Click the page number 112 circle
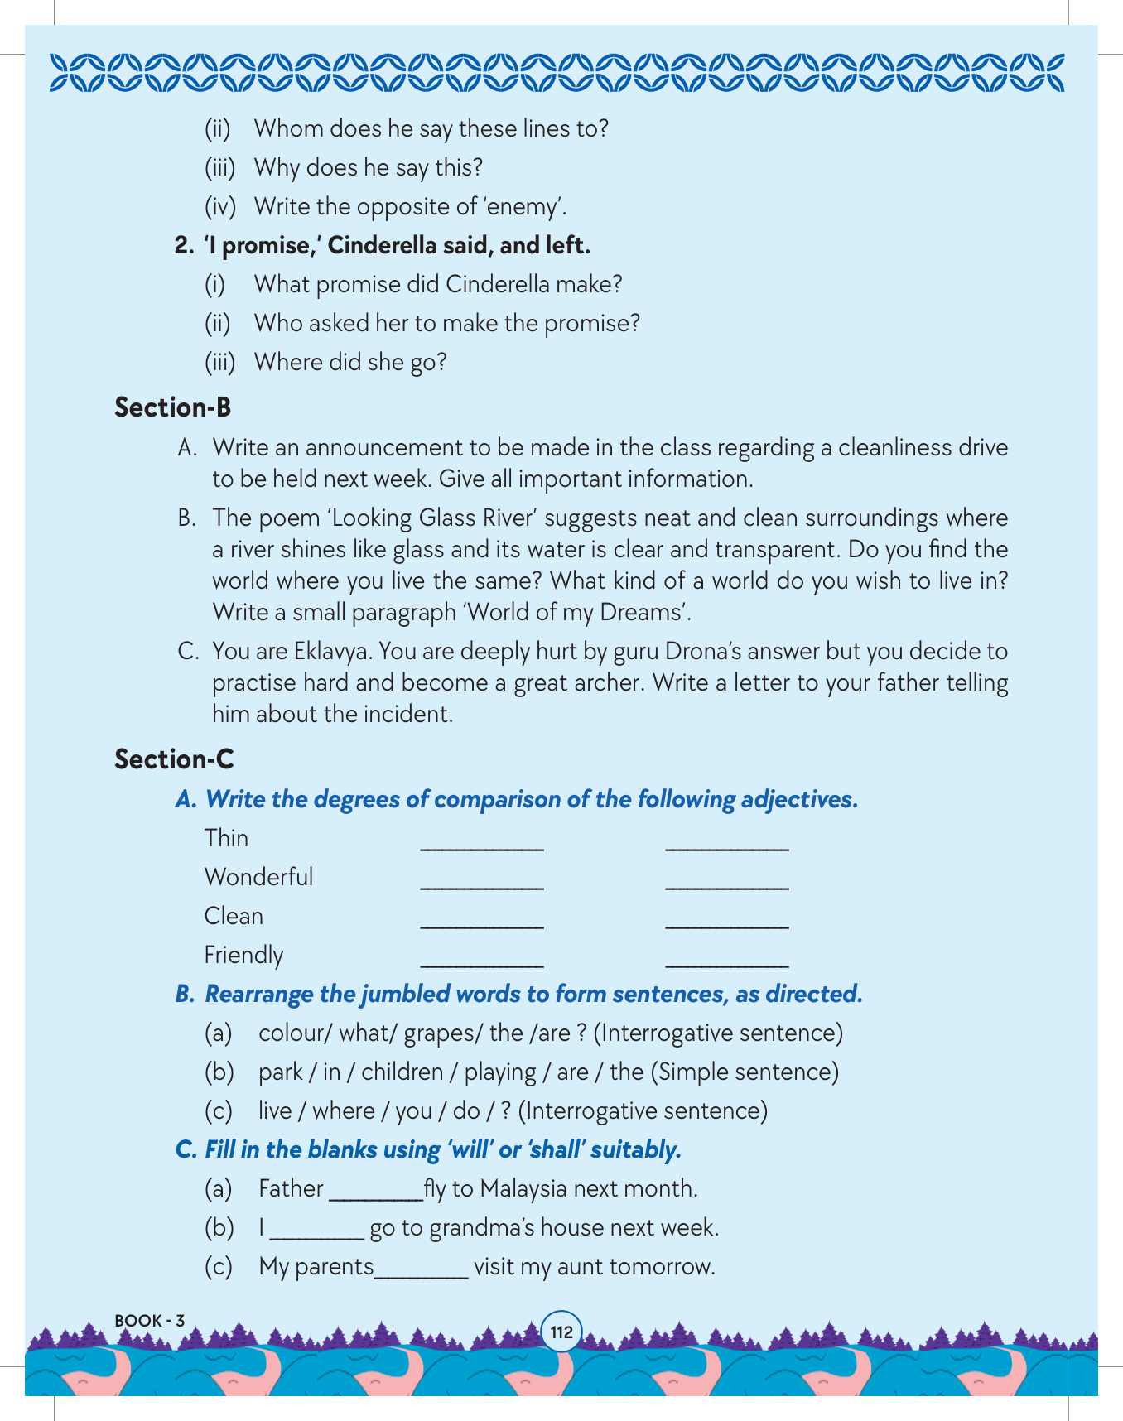click(x=561, y=1332)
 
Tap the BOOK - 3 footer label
click(x=149, y=1320)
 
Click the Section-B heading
click(x=172, y=407)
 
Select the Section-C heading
click(x=174, y=759)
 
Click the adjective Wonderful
click(x=258, y=877)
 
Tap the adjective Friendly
click(x=243, y=955)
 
